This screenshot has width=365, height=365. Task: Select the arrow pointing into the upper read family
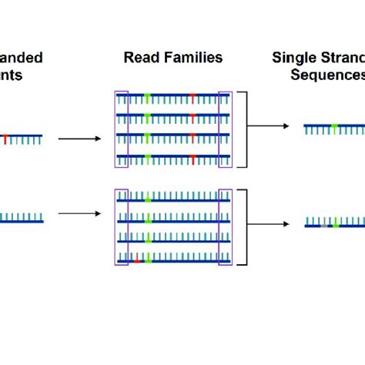click(x=79, y=139)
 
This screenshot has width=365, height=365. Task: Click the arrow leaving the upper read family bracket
click(x=273, y=126)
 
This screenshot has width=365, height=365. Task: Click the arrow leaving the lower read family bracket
click(x=273, y=224)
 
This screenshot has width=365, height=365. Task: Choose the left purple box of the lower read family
click(x=121, y=226)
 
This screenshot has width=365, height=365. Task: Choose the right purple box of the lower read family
click(x=225, y=226)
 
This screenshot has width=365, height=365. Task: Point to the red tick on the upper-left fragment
click(x=6, y=139)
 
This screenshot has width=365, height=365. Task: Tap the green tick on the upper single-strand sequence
click(x=333, y=126)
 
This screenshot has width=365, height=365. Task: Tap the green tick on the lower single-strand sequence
click(x=336, y=223)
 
